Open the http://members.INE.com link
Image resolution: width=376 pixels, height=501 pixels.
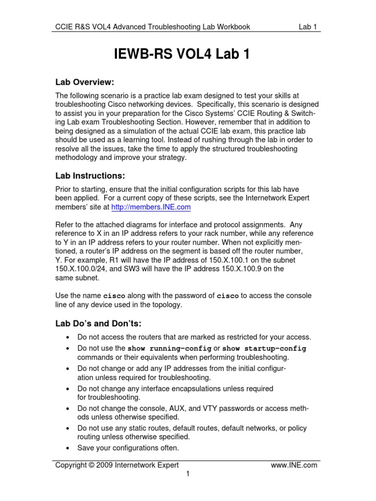click(x=151, y=207)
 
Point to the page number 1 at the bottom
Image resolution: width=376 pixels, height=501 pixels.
click(x=188, y=474)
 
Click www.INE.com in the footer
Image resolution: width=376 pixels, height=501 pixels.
click(x=294, y=465)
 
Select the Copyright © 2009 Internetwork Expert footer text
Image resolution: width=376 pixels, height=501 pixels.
click(x=117, y=465)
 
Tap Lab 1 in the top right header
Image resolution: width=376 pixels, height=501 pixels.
click(x=308, y=27)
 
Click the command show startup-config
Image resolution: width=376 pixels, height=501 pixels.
click(x=264, y=349)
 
